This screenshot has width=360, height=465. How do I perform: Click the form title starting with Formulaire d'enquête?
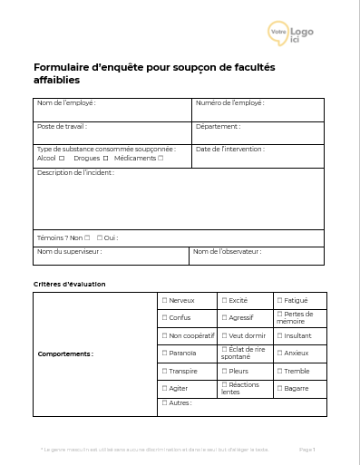click(x=154, y=73)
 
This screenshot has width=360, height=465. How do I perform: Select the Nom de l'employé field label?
click(x=66, y=103)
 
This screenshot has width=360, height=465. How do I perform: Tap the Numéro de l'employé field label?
click(x=230, y=103)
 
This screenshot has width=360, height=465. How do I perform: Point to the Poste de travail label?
click(x=62, y=127)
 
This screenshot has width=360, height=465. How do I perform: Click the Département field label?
click(x=218, y=127)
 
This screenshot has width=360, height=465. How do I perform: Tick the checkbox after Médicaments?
click(x=161, y=159)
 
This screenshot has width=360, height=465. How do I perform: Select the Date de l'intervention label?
click(x=230, y=150)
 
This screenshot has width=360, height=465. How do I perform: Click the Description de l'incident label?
click(x=75, y=172)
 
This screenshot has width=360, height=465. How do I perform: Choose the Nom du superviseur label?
click(x=69, y=251)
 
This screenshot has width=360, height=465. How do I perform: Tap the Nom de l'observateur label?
click(x=227, y=251)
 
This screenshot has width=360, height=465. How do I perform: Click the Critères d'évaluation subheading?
click(x=69, y=284)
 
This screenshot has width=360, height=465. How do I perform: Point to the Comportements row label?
click(x=65, y=354)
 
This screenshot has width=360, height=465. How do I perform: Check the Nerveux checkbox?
click(x=164, y=300)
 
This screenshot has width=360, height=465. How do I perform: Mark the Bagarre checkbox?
click(x=279, y=388)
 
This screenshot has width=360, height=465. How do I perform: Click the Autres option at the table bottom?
click(x=164, y=402)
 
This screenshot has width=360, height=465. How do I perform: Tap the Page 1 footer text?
click(x=306, y=449)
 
